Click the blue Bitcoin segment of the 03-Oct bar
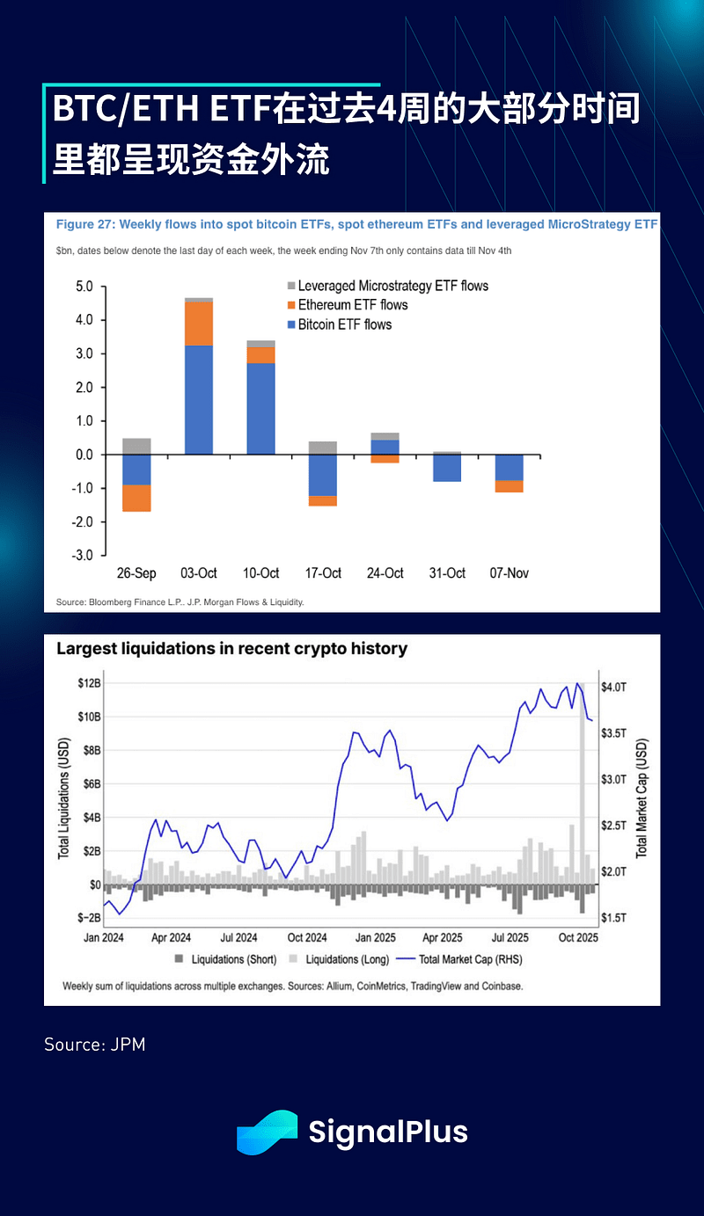pos(199,400)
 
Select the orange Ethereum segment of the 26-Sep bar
pos(136,498)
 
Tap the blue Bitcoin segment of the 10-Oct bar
pos(260,408)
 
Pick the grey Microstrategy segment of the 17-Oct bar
pos(323,448)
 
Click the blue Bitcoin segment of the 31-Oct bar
pos(447,468)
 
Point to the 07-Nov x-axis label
pos(509,573)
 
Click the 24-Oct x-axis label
pos(385,573)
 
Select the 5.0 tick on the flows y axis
pos(84,287)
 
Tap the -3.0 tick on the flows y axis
pos(83,556)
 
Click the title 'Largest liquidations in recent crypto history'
pos(232,649)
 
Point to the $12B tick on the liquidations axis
pos(88,683)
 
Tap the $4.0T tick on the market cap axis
pos(614,687)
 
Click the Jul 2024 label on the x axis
pos(238,937)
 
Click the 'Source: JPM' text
pos(95,1045)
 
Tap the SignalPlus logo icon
pos(268,1132)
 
